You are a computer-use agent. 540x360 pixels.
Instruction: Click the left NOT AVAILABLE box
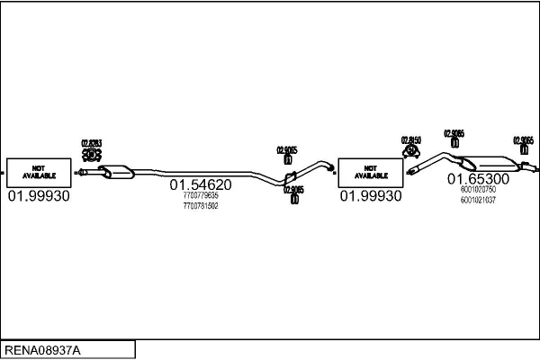[x=39, y=171]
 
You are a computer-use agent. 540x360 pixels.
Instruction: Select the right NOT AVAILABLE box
[x=369, y=171]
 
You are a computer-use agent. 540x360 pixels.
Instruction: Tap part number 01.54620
[x=201, y=184]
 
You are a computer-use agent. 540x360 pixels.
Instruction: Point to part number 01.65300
[x=478, y=179]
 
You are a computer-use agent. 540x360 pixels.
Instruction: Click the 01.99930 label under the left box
[x=39, y=195]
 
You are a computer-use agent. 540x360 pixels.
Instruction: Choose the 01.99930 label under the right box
[x=370, y=195]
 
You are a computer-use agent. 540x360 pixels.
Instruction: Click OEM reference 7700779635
[x=200, y=195]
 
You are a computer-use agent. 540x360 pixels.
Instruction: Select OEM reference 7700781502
[x=200, y=206]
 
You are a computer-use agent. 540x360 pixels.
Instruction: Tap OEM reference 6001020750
[x=478, y=190]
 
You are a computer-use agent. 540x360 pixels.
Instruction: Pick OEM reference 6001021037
[x=478, y=200]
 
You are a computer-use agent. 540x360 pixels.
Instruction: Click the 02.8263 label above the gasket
[x=91, y=143]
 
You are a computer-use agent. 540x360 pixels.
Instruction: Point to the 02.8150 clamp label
[x=410, y=140]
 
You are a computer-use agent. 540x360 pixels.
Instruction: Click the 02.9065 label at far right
[x=523, y=140]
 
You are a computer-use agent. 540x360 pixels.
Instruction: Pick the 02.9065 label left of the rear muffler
[x=454, y=134]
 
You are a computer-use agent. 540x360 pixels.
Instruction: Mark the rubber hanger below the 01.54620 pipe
[x=294, y=199]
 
